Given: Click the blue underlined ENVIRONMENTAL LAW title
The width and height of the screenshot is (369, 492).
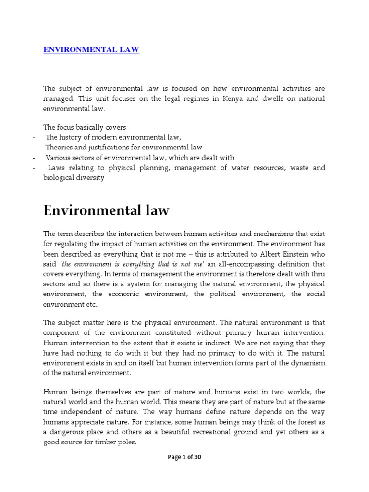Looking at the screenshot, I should (91, 49).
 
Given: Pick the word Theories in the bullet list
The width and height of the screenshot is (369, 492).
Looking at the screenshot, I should (61, 148).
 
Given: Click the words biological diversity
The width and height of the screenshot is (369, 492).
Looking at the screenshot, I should (74, 177).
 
